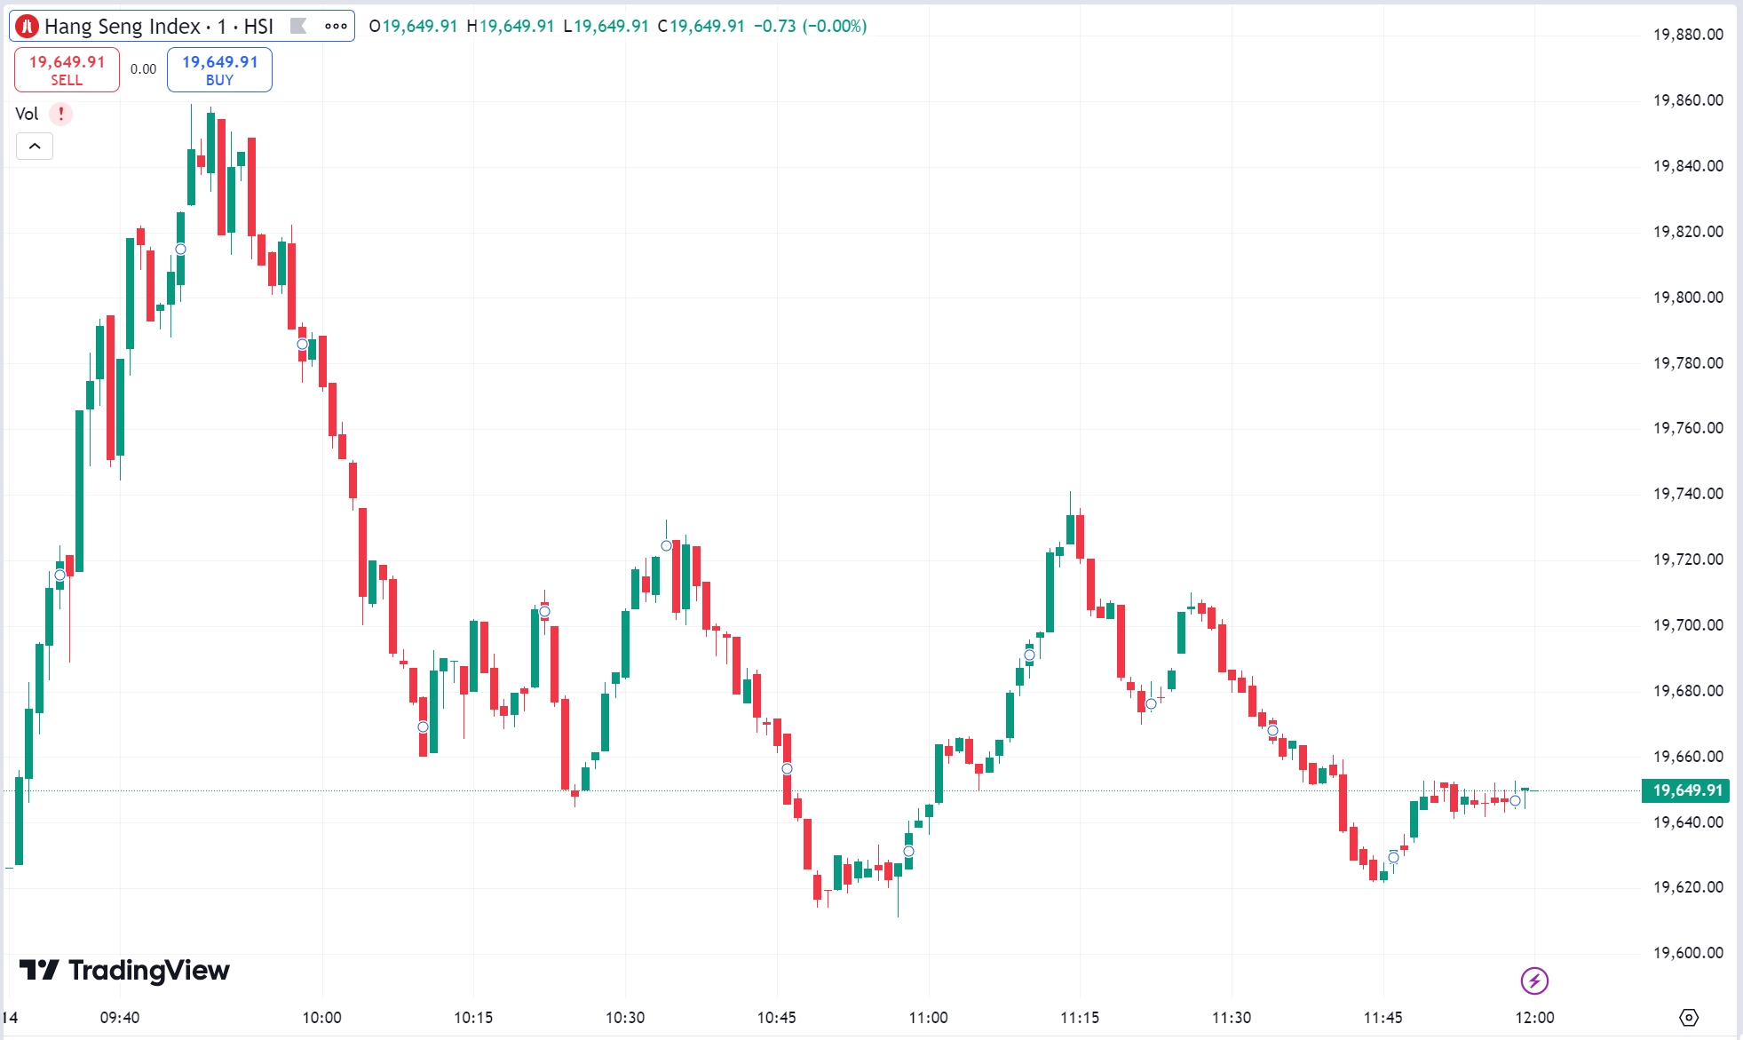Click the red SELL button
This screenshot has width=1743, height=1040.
(67, 70)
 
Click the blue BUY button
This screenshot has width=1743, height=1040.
(219, 70)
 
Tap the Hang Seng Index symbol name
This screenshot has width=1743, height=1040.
(123, 27)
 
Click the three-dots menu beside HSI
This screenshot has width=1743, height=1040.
(336, 26)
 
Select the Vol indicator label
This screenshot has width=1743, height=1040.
(27, 114)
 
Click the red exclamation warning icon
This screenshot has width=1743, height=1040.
(60, 114)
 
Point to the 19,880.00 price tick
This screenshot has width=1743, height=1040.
(1688, 35)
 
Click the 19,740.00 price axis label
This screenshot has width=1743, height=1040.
(1688, 494)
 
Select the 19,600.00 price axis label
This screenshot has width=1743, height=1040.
(1688, 953)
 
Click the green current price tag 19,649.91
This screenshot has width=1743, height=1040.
(1686, 790)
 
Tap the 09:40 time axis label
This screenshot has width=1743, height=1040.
(120, 1018)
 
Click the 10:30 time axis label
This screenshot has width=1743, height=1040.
(625, 1018)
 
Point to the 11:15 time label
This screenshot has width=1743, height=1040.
(1080, 1018)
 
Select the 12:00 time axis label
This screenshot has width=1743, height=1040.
(1534, 1018)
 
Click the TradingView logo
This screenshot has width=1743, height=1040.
(124, 970)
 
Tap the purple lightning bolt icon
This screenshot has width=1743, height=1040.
(1534, 980)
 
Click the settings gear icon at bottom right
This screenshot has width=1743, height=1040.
(1689, 1018)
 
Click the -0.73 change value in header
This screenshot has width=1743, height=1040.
(774, 27)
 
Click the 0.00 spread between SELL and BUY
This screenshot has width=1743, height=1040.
(143, 69)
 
